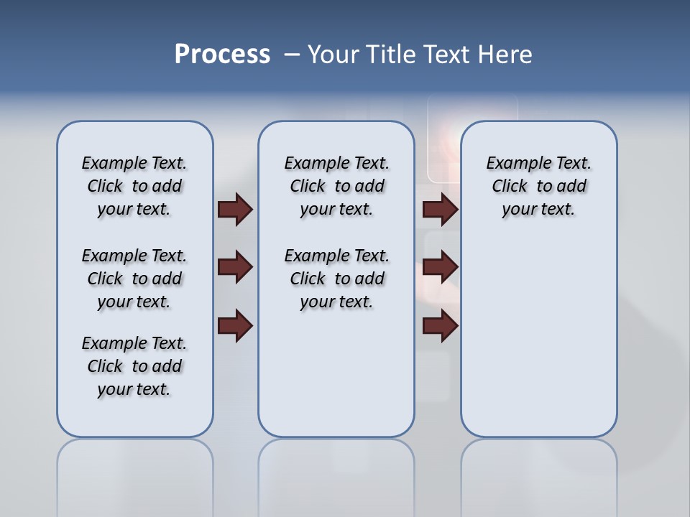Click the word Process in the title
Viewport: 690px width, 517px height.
point(222,55)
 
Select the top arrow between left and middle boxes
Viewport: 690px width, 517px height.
point(235,210)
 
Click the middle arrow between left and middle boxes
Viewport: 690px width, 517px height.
point(235,268)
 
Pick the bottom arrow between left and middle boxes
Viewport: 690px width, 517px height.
point(235,326)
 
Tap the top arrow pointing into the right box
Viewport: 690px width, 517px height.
point(441,210)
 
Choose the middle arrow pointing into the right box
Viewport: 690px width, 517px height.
point(441,268)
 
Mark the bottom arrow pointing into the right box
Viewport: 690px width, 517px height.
point(441,326)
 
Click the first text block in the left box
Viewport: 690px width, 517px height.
point(134,187)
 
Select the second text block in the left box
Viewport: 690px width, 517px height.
point(134,279)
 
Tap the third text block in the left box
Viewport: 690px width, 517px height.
point(134,366)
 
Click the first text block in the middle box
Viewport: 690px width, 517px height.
point(336,187)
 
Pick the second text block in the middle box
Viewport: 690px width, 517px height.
point(336,279)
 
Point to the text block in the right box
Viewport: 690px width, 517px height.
point(538,187)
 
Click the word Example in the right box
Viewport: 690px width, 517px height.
point(514,164)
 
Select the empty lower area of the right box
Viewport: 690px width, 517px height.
point(538,337)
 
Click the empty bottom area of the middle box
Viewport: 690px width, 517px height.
point(336,381)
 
